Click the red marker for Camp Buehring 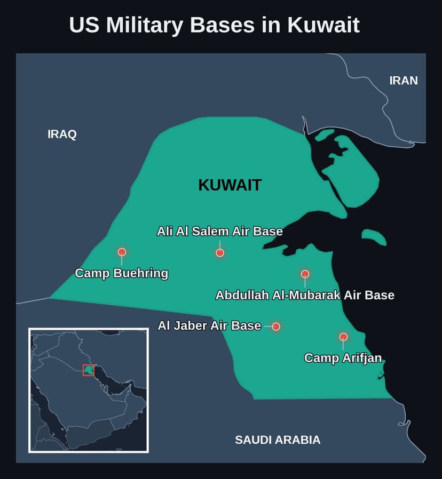tap(122, 252)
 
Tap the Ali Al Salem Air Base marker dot tap(220, 252)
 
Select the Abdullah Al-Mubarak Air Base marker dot tap(305, 274)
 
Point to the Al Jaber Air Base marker tap(276, 326)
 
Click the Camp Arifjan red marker tap(343, 337)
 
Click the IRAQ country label tap(62, 134)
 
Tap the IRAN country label tap(404, 81)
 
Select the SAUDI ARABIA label tap(278, 440)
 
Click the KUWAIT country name tap(230, 185)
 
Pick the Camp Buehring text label tap(121, 274)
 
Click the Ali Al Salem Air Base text tap(219, 231)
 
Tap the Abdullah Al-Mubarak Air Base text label tap(305, 295)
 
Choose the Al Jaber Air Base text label tap(209, 325)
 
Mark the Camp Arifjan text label tap(343, 358)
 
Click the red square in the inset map tap(89, 370)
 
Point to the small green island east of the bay tap(374, 236)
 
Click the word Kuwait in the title tap(323, 25)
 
